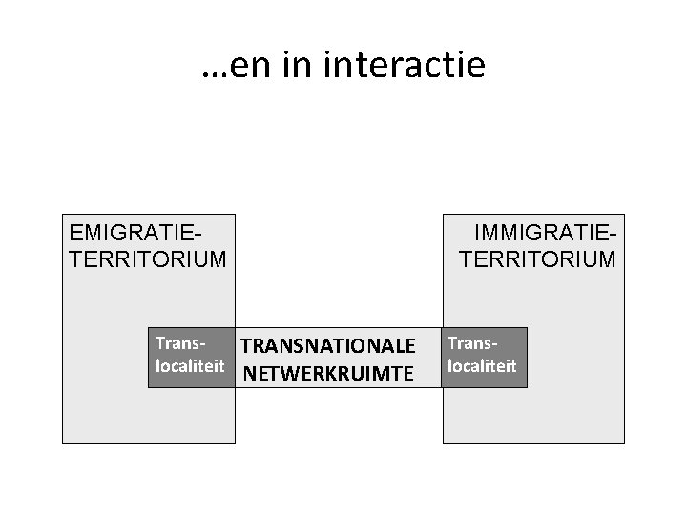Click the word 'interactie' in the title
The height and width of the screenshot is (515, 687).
(406, 66)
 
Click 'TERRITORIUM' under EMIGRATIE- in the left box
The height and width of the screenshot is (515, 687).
(149, 258)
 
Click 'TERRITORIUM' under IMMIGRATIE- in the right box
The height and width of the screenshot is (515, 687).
(538, 258)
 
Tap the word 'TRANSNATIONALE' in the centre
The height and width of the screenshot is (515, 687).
(328, 345)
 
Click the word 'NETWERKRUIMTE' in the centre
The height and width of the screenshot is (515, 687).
(328, 373)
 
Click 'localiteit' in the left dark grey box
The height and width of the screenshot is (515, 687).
(189, 365)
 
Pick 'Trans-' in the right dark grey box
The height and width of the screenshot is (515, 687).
(473, 341)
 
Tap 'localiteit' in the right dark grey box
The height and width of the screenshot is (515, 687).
(483, 365)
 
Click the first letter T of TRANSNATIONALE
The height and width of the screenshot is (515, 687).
(245, 345)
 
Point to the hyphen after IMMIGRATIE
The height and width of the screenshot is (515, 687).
(613, 234)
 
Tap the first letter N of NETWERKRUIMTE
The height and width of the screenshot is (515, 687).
(250, 373)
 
